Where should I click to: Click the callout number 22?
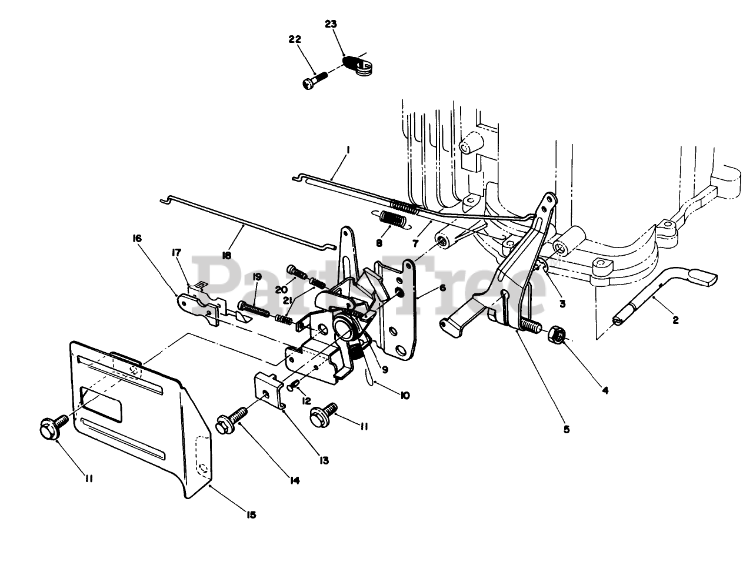point(295,39)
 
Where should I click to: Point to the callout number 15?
point(251,515)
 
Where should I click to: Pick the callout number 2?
point(675,320)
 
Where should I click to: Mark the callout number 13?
point(325,460)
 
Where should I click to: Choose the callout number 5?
point(567,429)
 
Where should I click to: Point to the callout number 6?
point(443,288)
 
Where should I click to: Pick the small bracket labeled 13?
point(268,390)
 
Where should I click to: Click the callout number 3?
point(562,304)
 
